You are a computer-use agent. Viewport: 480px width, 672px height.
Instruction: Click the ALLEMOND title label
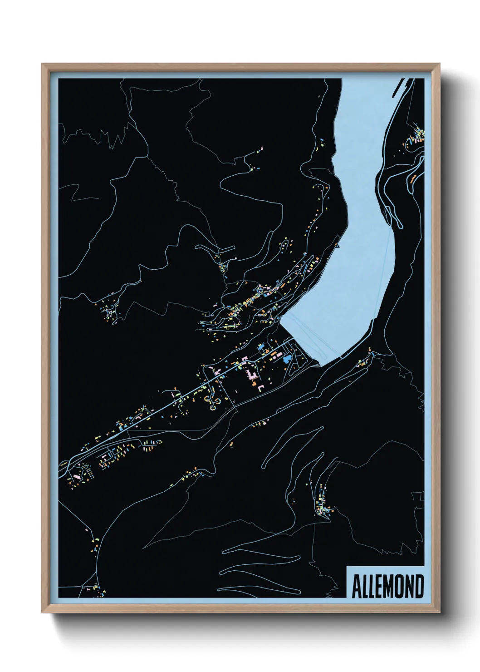coord(387,587)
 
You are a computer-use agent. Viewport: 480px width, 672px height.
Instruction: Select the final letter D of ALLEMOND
coord(419,587)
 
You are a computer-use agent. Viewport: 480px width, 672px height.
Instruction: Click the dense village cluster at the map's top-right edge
coord(417,136)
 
